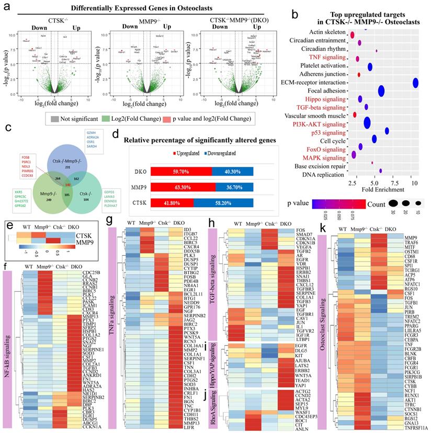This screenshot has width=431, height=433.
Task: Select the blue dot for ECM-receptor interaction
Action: (x=415, y=83)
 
